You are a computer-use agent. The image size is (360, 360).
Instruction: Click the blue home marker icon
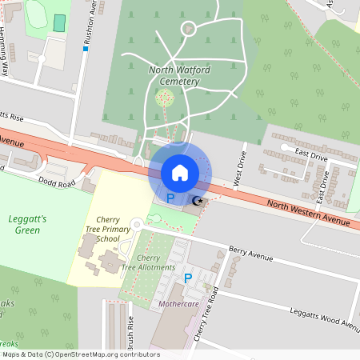(x=180, y=172)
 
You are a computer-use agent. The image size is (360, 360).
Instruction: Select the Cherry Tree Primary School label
(x=107, y=229)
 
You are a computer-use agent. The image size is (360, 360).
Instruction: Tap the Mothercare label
(x=178, y=305)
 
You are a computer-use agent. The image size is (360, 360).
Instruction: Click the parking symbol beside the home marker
(x=170, y=196)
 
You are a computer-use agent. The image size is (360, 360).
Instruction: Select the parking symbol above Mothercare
(x=188, y=278)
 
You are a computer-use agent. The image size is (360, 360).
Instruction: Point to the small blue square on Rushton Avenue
(x=85, y=49)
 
